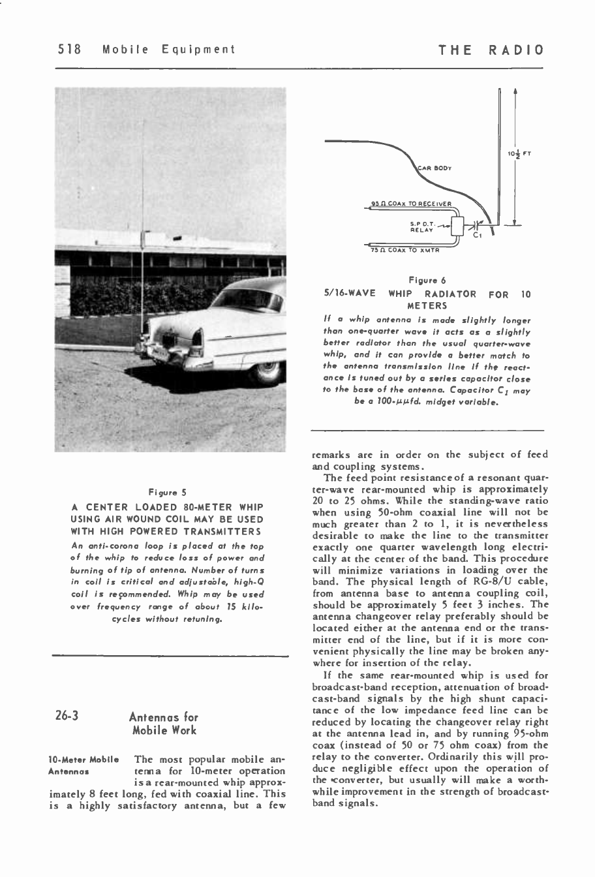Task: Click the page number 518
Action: (x=69, y=50)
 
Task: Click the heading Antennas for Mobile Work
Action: (x=164, y=724)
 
